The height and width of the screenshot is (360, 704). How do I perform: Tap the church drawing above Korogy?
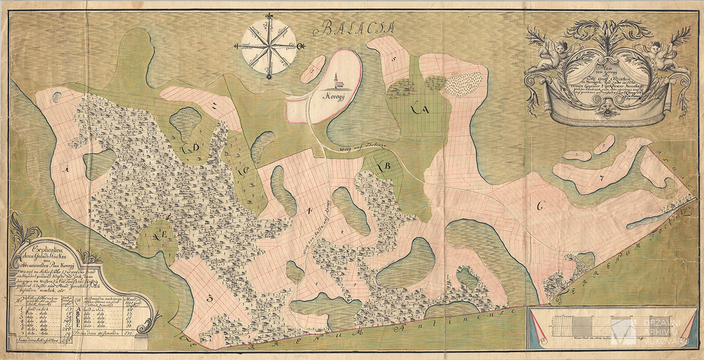tap(337, 81)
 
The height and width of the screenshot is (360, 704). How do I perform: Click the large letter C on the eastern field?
tap(539, 206)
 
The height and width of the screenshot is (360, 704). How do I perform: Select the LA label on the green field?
tap(420, 110)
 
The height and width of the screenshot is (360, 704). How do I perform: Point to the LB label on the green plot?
tap(384, 166)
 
